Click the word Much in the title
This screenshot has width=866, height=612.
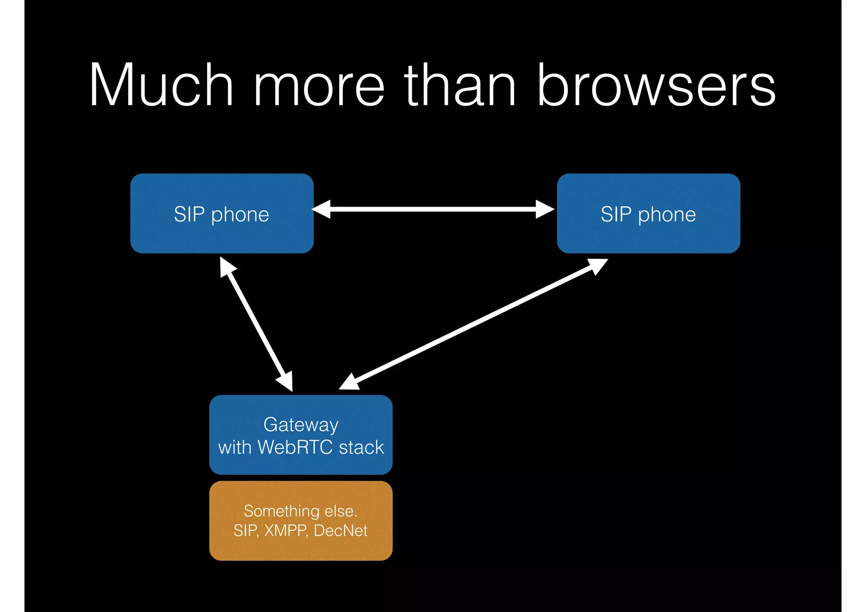(x=161, y=85)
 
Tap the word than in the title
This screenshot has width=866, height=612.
(x=460, y=85)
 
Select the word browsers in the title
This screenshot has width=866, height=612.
(x=656, y=85)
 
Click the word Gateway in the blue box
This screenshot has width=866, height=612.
(x=301, y=425)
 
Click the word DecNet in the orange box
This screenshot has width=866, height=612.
(x=341, y=530)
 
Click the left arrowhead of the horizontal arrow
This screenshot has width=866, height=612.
(x=321, y=209)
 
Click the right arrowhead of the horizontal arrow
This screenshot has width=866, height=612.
(x=545, y=209)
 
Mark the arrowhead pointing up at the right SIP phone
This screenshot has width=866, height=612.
(x=597, y=265)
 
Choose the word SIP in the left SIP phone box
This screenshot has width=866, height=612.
(x=189, y=214)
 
